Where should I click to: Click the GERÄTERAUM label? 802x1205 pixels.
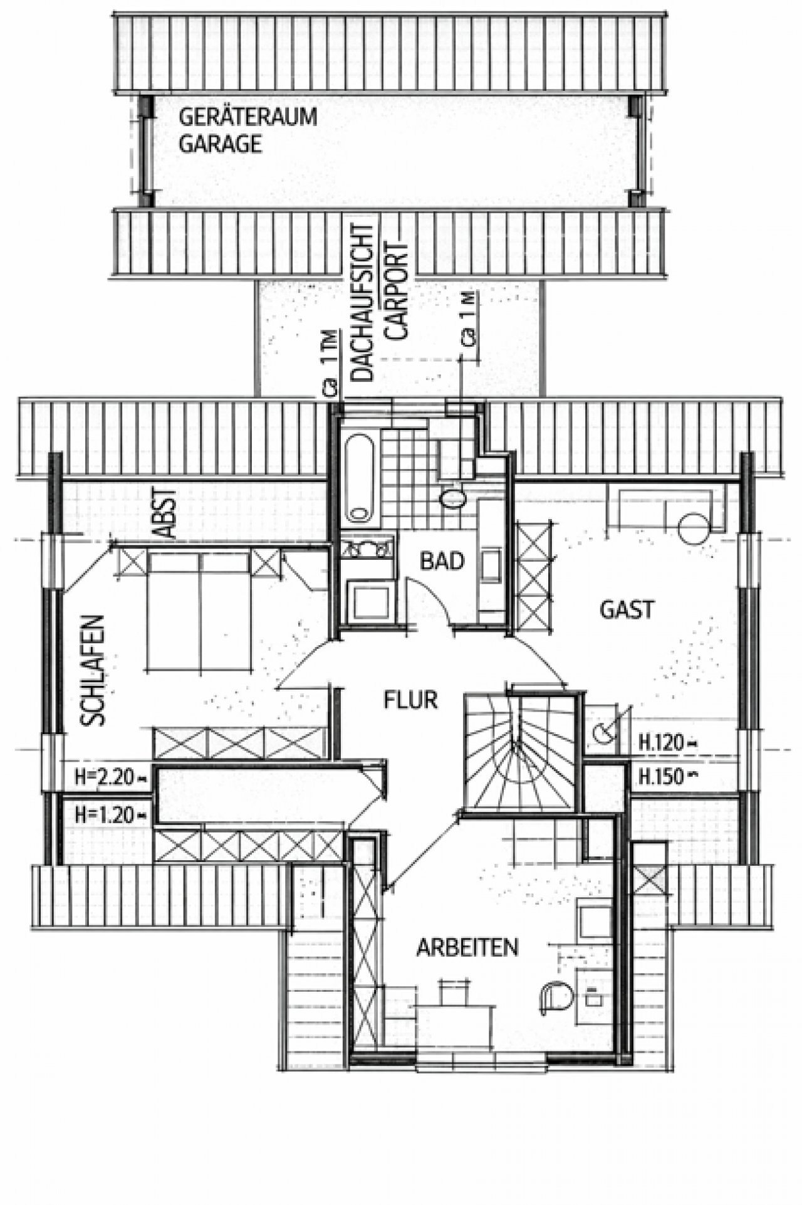click(248, 117)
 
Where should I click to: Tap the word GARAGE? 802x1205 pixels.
click(220, 145)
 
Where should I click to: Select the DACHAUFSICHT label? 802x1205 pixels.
click(363, 302)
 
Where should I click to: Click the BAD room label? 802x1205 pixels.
click(442, 560)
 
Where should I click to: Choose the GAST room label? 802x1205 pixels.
click(627, 609)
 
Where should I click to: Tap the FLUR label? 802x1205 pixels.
click(410, 699)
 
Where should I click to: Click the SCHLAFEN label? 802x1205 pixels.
click(92, 671)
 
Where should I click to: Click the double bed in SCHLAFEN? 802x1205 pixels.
click(199, 611)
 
